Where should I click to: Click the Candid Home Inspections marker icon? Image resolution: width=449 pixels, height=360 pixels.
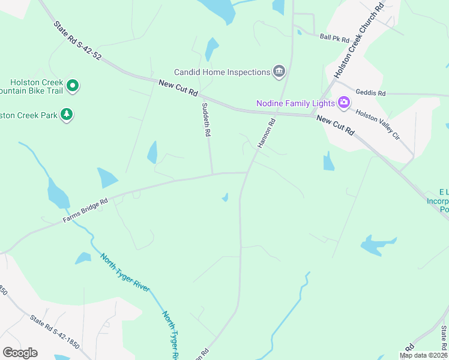pyautogui.click(x=279, y=72)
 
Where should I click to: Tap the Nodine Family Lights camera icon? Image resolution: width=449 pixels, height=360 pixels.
pyautogui.click(x=343, y=103)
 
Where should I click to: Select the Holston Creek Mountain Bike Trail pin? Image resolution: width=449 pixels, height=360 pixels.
pyautogui.click(x=73, y=86)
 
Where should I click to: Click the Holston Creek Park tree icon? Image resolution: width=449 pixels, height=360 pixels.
pyautogui.click(x=67, y=114)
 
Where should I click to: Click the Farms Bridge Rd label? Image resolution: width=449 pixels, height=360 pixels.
pyautogui.click(x=85, y=211)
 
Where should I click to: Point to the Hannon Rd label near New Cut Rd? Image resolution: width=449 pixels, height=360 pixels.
pyautogui.click(x=266, y=133)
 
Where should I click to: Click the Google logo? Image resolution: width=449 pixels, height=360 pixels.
pyautogui.click(x=20, y=353)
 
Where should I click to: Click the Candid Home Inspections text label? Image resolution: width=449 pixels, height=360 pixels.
pyautogui.click(x=222, y=72)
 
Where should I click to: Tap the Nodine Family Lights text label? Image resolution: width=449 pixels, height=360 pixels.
pyautogui.click(x=295, y=103)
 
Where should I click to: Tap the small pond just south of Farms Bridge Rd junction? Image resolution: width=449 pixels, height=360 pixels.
pyautogui.click(x=225, y=197)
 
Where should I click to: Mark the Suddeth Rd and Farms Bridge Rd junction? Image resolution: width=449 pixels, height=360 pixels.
pyautogui.click(x=212, y=174)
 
